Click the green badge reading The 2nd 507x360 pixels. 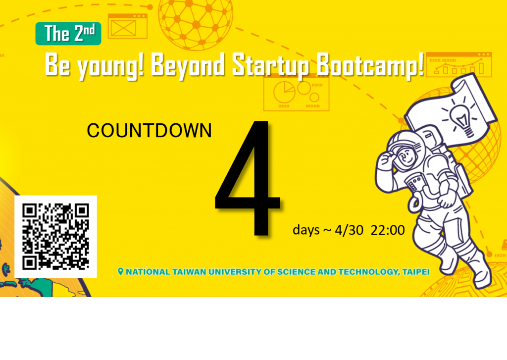click(x=68, y=33)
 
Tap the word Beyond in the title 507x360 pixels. click(x=188, y=66)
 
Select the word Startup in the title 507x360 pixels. click(x=270, y=66)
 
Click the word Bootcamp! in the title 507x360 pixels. click(x=369, y=66)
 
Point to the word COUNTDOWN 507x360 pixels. click(x=150, y=130)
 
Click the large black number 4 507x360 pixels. click(x=248, y=179)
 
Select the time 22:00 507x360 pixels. click(x=388, y=230)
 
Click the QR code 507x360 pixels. click(x=55, y=236)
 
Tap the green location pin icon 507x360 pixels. click(x=121, y=272)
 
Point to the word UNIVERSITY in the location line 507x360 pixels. click(x=235, y=272)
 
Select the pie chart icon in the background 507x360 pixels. click(x=284, y=92)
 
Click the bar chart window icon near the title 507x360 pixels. click(x=459, y=64)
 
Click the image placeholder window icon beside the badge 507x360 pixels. click(x=127, y=26)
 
